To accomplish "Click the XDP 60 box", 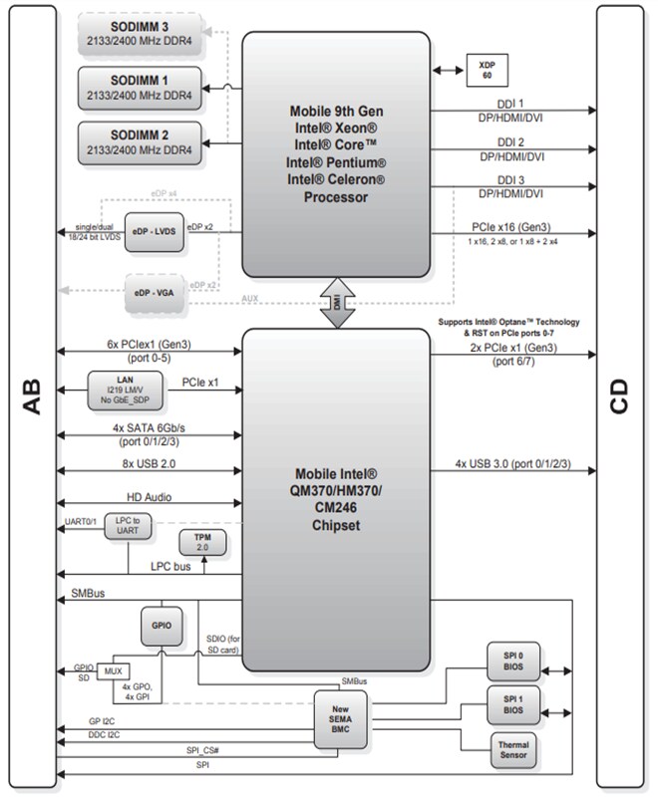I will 486,70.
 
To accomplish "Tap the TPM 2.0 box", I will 201,543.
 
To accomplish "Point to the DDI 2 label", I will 512,141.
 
